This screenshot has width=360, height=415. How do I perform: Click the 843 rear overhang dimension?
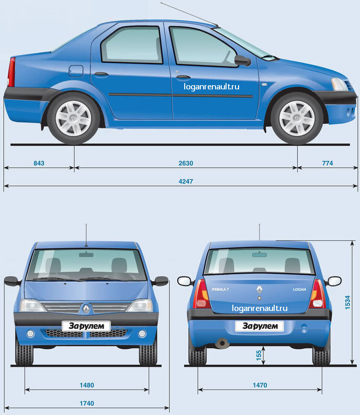(39, 163)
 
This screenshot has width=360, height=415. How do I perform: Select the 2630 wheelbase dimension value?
(186, 163)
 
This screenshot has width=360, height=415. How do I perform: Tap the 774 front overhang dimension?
(328, 163)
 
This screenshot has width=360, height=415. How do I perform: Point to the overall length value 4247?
(186, 180)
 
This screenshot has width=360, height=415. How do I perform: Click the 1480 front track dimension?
(87, 385)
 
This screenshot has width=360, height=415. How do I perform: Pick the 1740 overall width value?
(87, 403)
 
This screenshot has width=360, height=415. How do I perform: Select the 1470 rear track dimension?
(260, 385)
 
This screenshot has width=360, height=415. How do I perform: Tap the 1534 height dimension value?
(347, 302)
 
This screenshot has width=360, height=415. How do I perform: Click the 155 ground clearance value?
(259, 354)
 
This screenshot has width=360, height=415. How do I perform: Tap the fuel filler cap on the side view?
(76, 70)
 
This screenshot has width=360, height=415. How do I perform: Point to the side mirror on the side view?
(242, 60)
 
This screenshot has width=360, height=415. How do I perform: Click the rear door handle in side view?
(100, 74)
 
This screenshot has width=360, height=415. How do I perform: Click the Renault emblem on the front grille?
(85, 308)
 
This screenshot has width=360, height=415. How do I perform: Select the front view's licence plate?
(86, 326)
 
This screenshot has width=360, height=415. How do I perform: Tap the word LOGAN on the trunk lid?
(299, 289)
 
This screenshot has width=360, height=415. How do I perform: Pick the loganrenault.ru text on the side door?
(212, 87)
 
